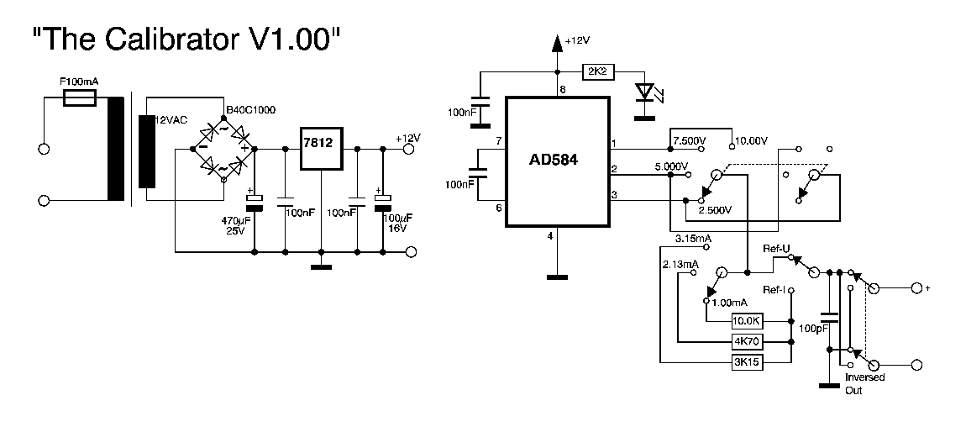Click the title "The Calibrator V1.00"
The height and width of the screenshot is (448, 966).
tap(186, 39)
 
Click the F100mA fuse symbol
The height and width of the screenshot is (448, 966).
tap(80, 99)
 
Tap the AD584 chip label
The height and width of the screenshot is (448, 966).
tap(557, 160)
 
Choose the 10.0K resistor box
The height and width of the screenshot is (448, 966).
tap(747, 320)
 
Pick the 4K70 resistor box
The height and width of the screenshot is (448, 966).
tap(747, 341)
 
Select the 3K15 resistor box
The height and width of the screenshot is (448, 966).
tap(747, 362)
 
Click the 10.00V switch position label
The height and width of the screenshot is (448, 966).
tap(751, 140)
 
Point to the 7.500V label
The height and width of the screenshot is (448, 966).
tap(690, 140)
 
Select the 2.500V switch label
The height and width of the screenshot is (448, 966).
tap(716, 209)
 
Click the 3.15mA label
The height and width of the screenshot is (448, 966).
tap(693, 240)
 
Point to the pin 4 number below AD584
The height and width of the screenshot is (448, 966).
tap(551, 236)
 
